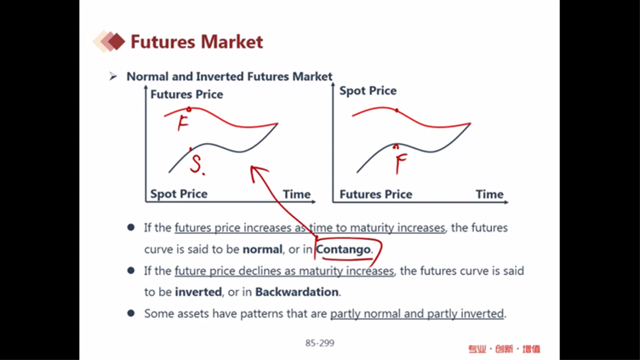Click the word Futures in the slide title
pyautogui.click(x=163, y=42)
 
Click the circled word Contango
pyautogui.click(x=343, y=249)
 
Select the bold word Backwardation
pyautogui.click(x=297, y=292)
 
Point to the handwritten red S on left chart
pyautogui.click(x=197, y=165)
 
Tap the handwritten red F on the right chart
pyautogui.click(x=401, y=163)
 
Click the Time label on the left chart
pyautogui.click(x=297, y=194)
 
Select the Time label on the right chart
pyautogui.click(x=489, y=194)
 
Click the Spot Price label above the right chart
pyautogui.click(x=368, y=90)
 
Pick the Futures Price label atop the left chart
pyautogui.click(x=186, y=94)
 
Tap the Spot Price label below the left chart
pyautogui.click(x=179, y=194)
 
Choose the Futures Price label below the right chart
pyautogui.click(x=375, y=194)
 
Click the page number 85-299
pyautogui.click(x=320, y=343)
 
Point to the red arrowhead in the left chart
pyautogui.click(x=258, y=171)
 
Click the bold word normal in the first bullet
pyautogui.click(x=262, y=249)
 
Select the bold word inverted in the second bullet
pyautogui.click(x=198, y=292)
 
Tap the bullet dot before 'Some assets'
pyautogui.click(x=131, y=313)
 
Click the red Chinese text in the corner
pyautogui.click(x=504, y=349)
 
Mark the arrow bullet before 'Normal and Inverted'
pyautogui.click(x=113, y=77)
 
